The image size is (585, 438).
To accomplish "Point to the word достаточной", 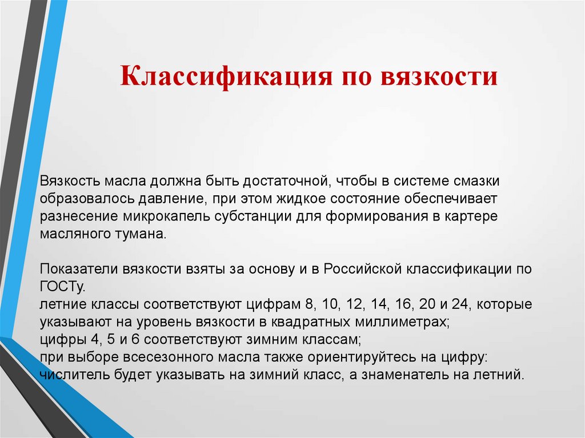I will [284, 182].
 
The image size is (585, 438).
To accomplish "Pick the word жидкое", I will [300, 199].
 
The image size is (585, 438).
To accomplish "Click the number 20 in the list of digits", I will [427, 304].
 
